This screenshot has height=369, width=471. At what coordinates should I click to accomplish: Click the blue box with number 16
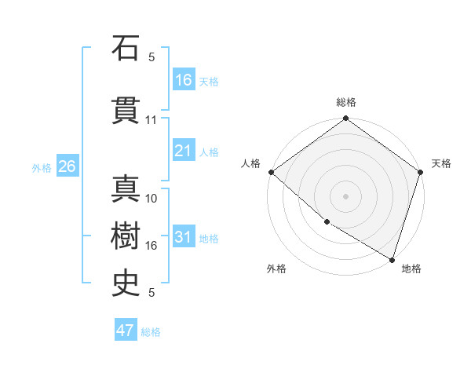[x=184, y=80]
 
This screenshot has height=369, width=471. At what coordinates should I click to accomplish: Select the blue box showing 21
[x=184, y=151]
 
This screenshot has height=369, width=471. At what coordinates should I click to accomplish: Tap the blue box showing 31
[x=184, y=237]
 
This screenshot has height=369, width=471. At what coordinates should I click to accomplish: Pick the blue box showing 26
[x=67, y=166]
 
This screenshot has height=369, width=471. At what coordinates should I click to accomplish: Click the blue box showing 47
[x=126, y=331]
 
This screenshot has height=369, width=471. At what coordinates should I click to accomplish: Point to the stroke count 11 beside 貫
[x=152, y=120]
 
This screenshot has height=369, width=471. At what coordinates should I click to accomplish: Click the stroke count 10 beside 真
[x=152, y=199]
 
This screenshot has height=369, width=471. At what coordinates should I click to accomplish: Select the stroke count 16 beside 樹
[x=152, y=246]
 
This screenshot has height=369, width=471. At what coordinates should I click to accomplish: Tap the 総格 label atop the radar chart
[x=346, y=102]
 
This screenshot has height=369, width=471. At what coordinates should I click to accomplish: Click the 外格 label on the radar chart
[x=276, y=269]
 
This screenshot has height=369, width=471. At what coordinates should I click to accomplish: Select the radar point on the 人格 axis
[x=271, y=172]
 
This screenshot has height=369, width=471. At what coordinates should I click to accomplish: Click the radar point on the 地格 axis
[x=392, y=259]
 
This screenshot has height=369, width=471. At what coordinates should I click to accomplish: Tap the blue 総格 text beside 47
[x=152, y=332]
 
